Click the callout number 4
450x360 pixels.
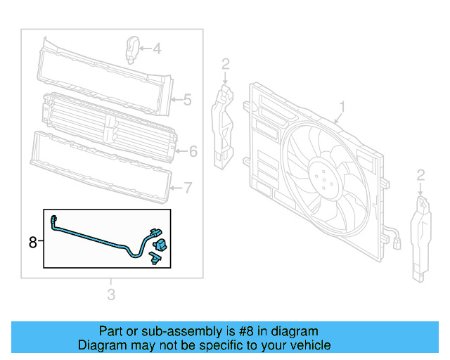[x=157, y=49]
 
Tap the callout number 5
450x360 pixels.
[x=187, y=100]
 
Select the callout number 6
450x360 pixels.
[x=193, y=150]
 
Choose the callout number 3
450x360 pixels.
[x=111, y=294]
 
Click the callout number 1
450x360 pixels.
[x=342, y=107]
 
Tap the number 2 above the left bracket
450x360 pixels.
[x=225, y=65]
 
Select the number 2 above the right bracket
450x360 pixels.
[x=420, y=174]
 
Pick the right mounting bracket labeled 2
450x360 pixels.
[x=420, y=236]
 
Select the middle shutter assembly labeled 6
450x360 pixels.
[x=105, y=127]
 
